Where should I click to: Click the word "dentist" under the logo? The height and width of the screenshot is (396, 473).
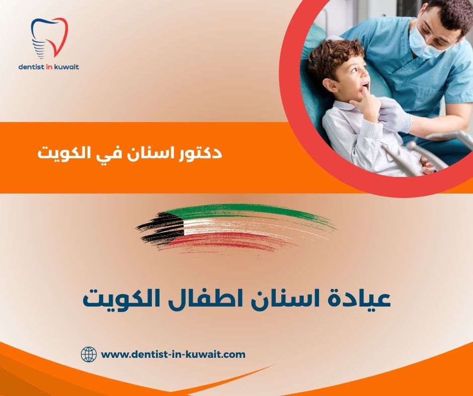(x=33, y=66)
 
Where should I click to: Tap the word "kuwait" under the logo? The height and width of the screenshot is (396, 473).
(x=67, y=66)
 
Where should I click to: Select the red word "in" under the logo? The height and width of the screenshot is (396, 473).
(x=52, y=66)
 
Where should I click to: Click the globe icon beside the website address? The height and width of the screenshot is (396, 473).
(x=89, y=354)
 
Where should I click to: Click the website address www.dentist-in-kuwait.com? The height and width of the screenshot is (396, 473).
(x=173, y=354)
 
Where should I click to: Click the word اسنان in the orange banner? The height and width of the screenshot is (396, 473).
(x=150, y=153)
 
